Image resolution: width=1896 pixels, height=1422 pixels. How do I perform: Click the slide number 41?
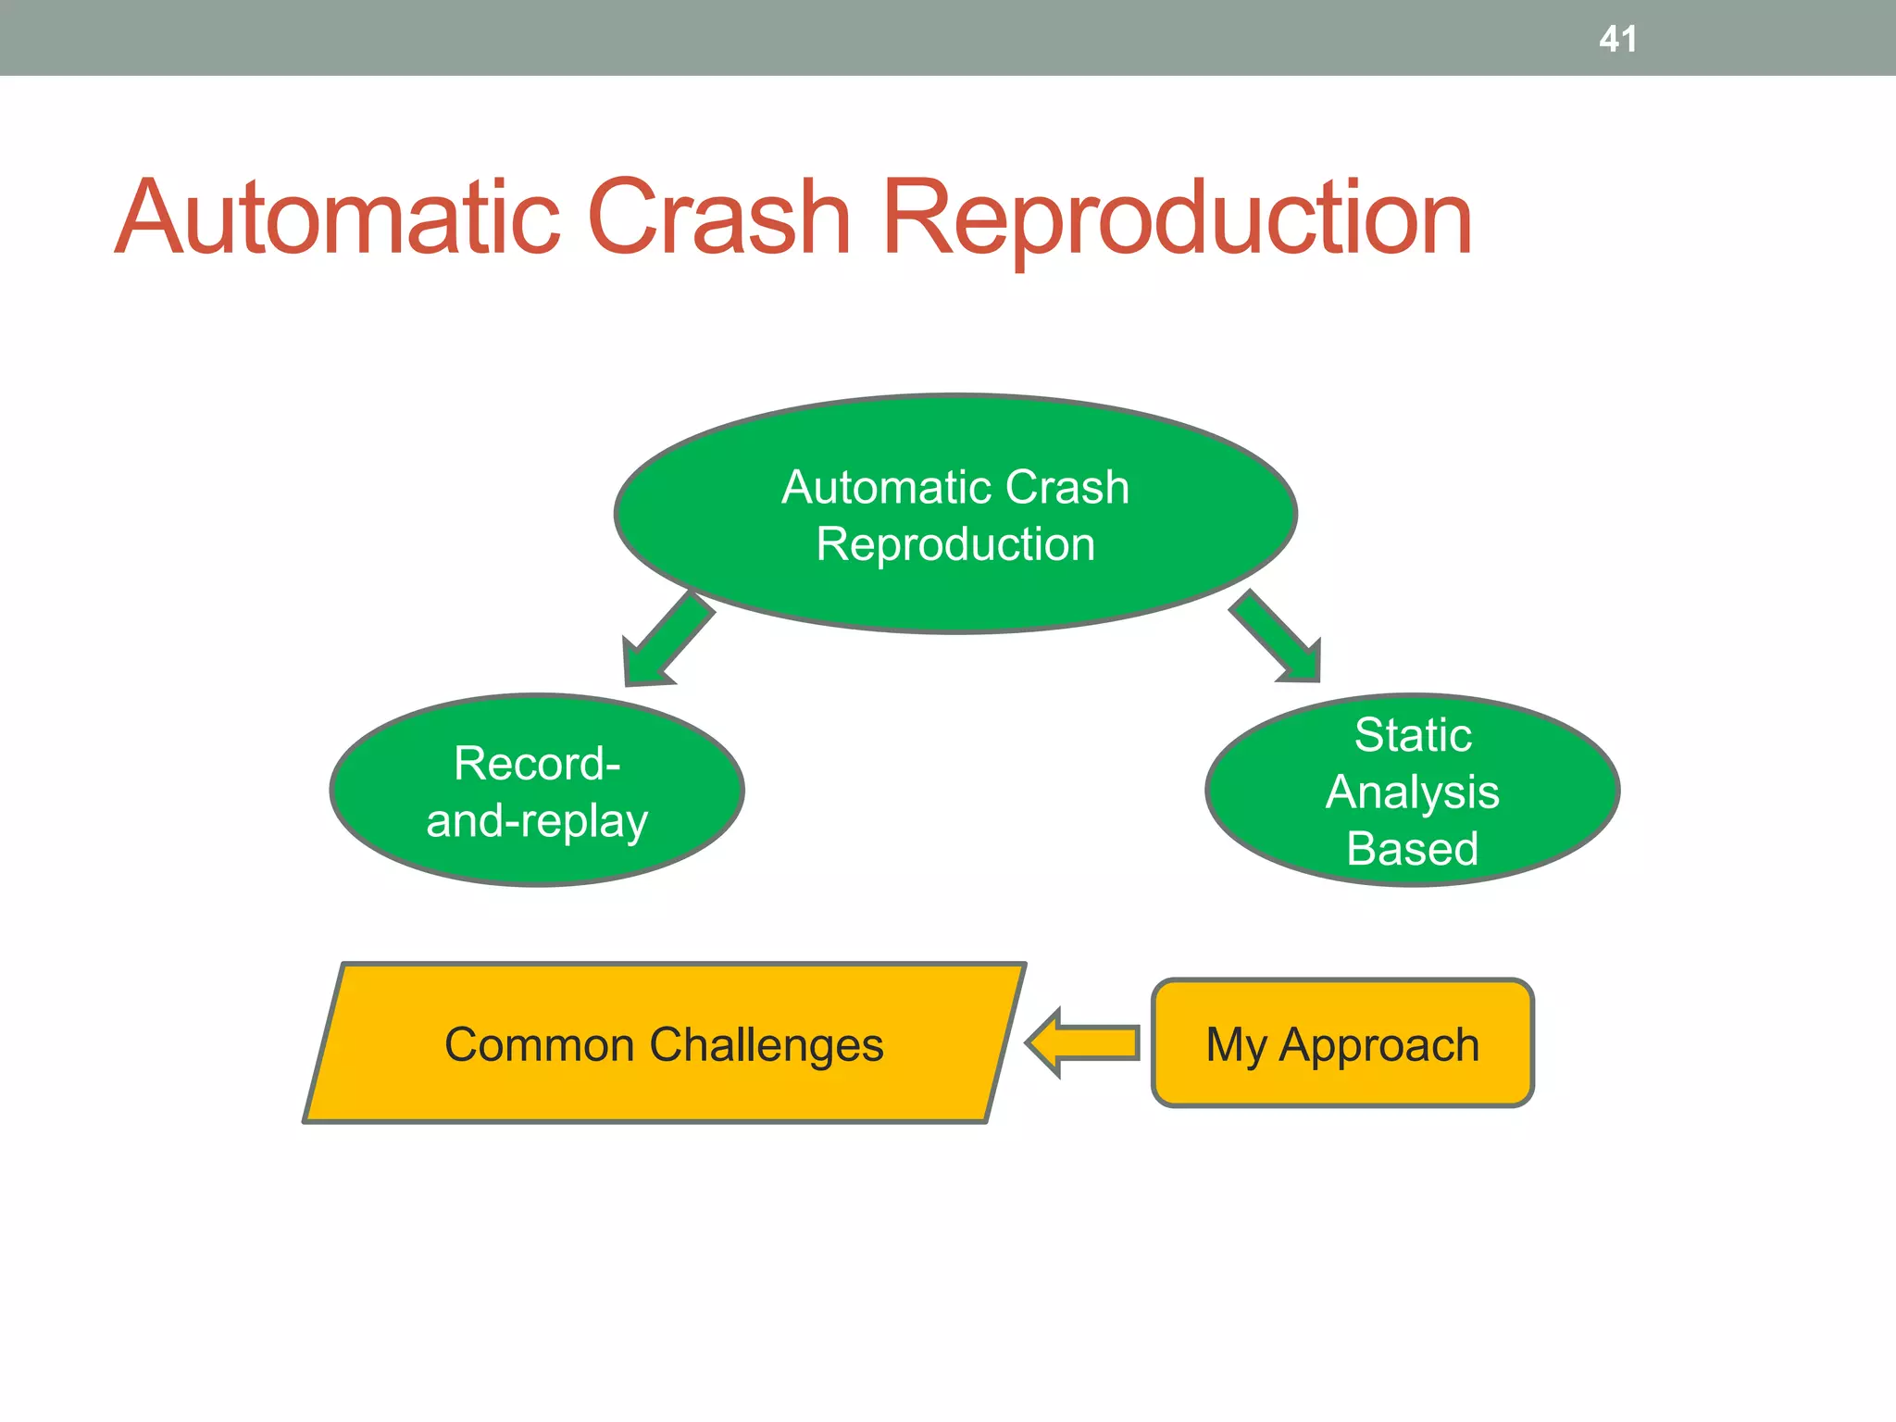coord(1617,39)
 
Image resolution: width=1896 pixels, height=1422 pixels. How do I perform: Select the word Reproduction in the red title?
coord(1176,218)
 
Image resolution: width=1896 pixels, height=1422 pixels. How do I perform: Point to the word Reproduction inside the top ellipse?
coord(955,544)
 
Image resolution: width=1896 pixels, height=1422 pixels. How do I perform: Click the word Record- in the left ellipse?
coord(537,764)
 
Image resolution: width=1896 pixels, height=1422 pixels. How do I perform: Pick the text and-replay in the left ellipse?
coord(537,821)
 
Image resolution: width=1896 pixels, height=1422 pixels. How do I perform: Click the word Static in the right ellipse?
coord(1413,735)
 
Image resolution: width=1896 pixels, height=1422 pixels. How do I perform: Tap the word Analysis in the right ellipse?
coord(1413,792)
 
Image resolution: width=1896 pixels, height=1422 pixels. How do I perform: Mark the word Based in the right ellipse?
coord(1413,849)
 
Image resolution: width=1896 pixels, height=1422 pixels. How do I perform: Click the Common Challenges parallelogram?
coord(664,1092)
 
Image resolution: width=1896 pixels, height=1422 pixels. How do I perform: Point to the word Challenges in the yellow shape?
coord(767,1045)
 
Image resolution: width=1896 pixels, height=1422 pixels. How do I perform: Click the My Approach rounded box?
coord(1342,1083)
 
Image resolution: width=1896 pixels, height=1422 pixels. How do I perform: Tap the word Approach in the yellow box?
coord(1378,1045)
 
